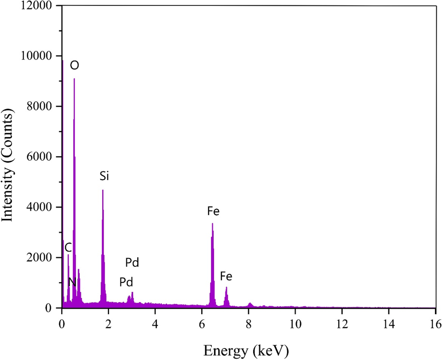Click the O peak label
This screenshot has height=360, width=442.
[x=75, y=65]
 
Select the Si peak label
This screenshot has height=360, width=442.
[x=104, y=176]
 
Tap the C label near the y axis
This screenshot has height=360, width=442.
[x=68, y=248]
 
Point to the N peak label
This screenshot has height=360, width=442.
[x=72, y=282]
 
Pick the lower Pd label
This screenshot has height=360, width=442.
[x=126, y=282]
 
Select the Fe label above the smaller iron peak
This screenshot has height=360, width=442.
[x=226, y=277]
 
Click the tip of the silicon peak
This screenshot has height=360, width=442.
[x=103, y=191]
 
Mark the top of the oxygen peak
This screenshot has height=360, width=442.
[x=74, y=79]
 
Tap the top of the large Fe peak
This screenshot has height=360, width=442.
[x=212, y=224]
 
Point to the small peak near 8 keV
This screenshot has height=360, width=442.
[x=250, y=304]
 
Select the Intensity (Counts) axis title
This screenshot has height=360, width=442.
[x=9, y=157]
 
